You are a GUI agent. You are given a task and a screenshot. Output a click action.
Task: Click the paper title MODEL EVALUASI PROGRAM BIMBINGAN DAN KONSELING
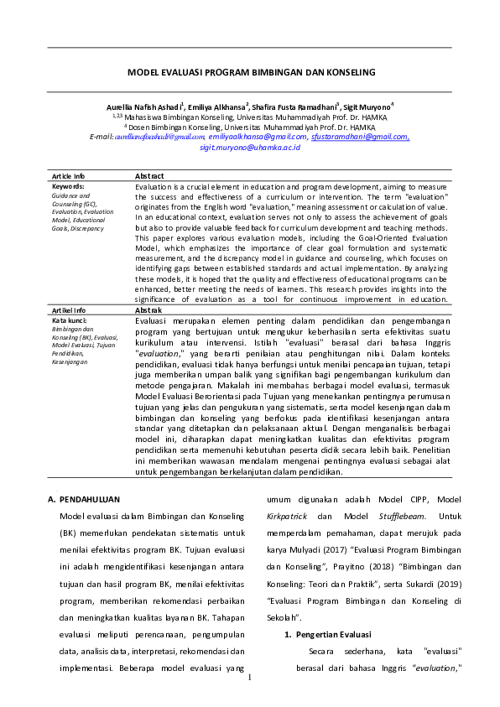251,73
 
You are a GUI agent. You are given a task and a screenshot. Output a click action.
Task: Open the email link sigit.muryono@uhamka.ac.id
250,146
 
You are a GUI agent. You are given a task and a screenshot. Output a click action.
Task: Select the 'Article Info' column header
68,176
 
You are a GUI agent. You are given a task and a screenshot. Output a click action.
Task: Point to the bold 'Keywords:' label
68,185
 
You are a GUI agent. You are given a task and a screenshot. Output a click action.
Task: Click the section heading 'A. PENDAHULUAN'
84,499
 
